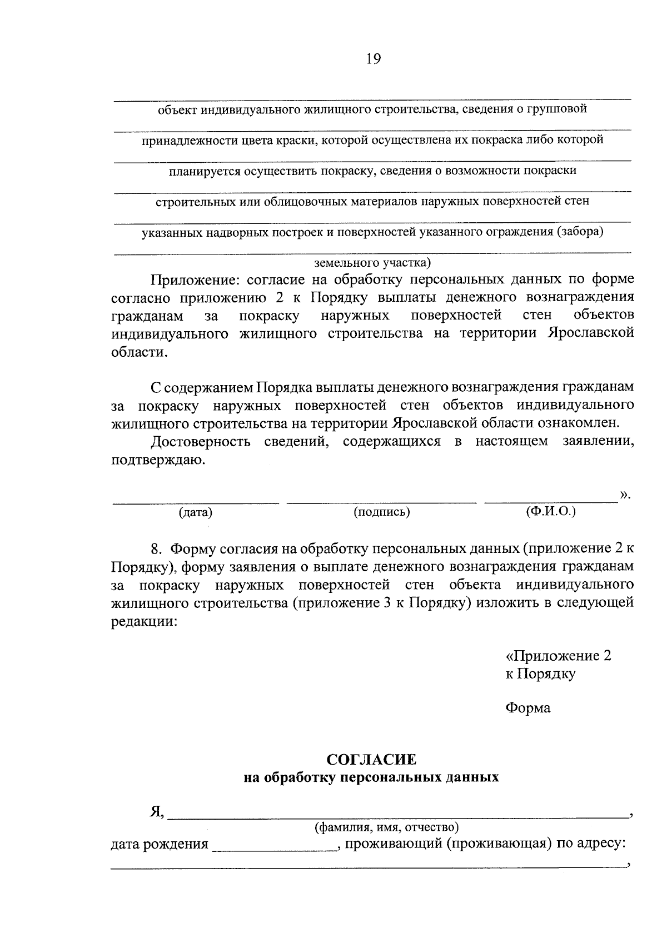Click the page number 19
tap(373, 59)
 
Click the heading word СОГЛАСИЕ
tap(371, 759)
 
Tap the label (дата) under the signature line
tap(196, 512)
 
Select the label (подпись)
tap(382, 512)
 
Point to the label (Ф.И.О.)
tap(551, 511)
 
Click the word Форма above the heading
tap(528, 708)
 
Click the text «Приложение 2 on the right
tap(558, 656)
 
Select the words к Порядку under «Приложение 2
tap(540, 673)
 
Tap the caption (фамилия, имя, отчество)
tap(386, 828)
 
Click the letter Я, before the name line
tap(157, 812)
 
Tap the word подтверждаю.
tap(158, 460)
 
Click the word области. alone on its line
tap(139, 352)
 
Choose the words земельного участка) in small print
tap(372, 262)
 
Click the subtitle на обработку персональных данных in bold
tap(371, 777)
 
